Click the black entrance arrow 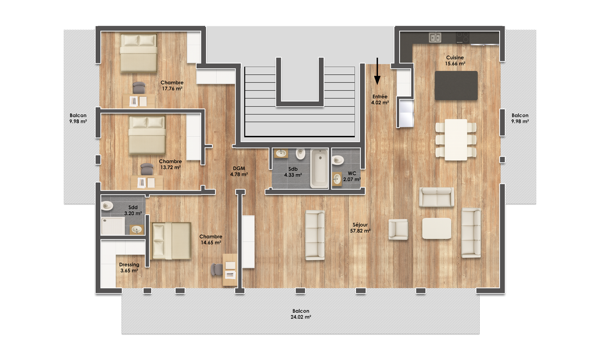[x=377, y=71]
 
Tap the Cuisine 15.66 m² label [x=455, y=60]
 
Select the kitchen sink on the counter [x=435, y=38]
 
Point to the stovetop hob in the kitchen [x=462, y=38]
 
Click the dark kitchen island [x=456, y=86]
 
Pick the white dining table [x=456, y=140]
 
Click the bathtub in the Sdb [x=319, y=168]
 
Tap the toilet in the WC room [x=338, y=160]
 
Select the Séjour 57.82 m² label [x=360, y=228]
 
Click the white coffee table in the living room [x=437, y=228]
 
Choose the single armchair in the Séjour [x=398, y=229]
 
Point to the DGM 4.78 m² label [x=239, y=172]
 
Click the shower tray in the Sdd [x=113, y=226]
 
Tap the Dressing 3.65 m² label [x=129, y=268]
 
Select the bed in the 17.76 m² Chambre [x=138, y=53]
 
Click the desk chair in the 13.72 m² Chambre [x=147, y=169]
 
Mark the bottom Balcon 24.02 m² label [x=301, y=314]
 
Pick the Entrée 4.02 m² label [x=380, y=99]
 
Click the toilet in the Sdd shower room [x=107, y=206]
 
